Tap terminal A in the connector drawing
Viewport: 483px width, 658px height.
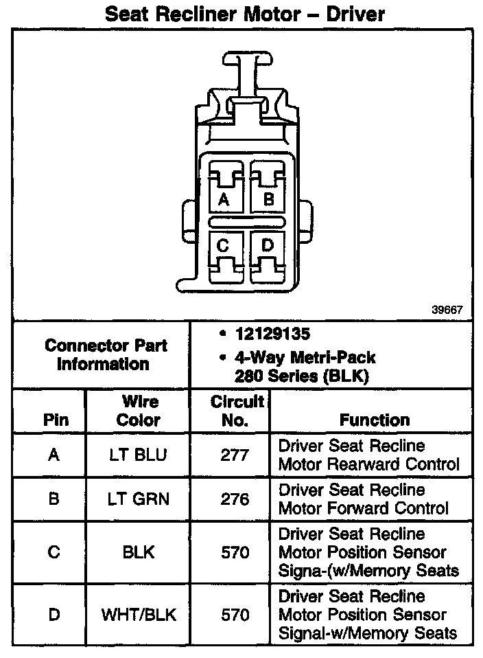[223, 199]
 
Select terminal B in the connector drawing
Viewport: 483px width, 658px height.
[269, 199]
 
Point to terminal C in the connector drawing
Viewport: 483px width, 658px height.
[223, 245]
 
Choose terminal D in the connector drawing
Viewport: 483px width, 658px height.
[268, 245]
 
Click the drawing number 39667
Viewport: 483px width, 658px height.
[447, 310]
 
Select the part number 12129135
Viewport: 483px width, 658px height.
[272, 334]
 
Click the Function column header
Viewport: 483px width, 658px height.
[374, 420]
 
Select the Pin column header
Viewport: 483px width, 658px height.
[56, 420]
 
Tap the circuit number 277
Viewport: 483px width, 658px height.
[235, 455]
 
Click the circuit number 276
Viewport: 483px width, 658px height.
[235, 499]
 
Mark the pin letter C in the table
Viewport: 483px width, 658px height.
[55, 552]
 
